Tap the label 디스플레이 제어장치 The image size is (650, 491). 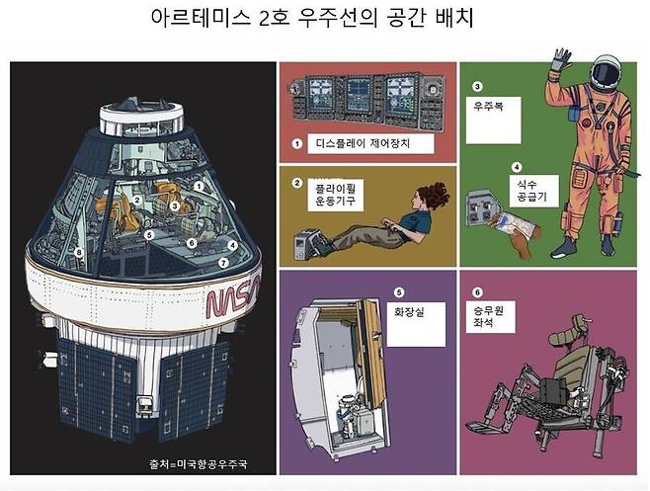[x=363, y=143]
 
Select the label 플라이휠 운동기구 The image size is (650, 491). [x=335, y=195]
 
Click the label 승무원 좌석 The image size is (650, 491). [x=488, y=316]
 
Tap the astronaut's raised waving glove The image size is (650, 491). [x=561, y=59]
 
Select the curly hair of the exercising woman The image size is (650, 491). [x=435, y=196]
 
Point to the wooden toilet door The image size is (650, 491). [x=371, y=353]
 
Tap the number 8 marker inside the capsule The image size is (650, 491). [x=79, y=252]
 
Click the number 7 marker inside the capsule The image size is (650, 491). [x=223, y=263]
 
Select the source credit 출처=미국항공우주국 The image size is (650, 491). [x=199, y=463]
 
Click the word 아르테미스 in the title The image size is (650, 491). [x=201, y=18]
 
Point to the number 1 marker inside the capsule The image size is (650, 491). [x=200, y=186]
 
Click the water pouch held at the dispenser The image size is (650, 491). [x=514, y=224]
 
